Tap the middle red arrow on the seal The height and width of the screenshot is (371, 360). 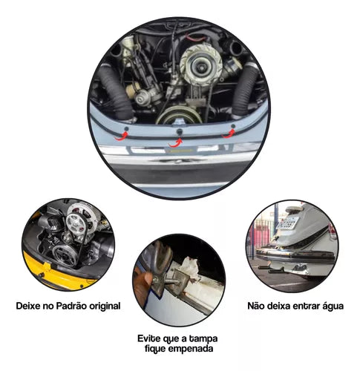point(179,140)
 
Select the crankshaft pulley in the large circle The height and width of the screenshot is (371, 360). point(179,115)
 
